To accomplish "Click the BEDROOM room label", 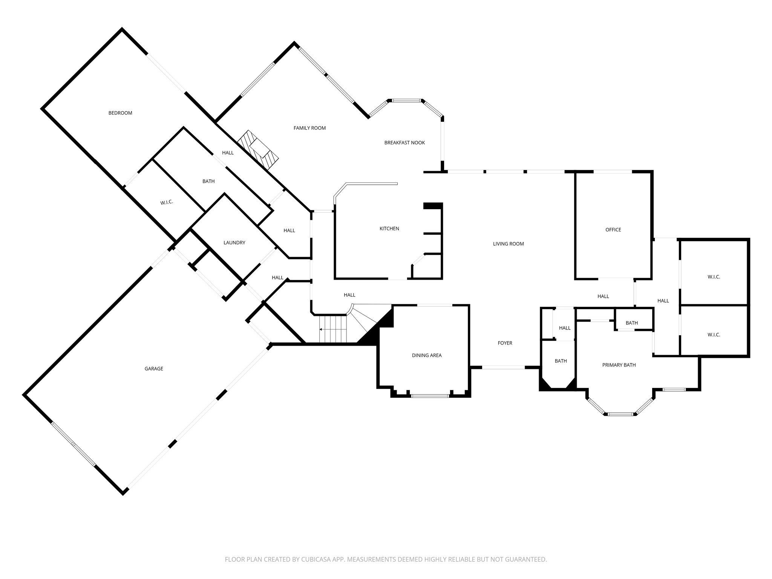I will click(x=120, y=113).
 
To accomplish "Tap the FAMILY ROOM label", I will click(x=309, y=128).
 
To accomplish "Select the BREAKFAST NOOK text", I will click(x=404, y=143).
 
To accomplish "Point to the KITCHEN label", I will click(x=389, y=229).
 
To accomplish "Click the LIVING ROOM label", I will click(x=508, y=244).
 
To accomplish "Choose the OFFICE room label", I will click(x=613, y=230).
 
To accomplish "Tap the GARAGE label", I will click(x=154, y=369).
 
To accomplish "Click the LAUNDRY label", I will click(x=234, y=243).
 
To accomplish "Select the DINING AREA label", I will click(x=426, y=355).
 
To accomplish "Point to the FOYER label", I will click(x=505, y=343).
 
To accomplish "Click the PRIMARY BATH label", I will click(x=619, y=365).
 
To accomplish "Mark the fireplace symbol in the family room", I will click(x=259, y=150).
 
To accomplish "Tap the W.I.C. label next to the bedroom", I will click(x=166, y=202).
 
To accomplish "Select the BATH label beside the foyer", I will click(x=561, y=361).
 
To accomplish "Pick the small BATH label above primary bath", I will click(x=631, y=323).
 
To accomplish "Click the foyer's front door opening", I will click(x=503, y=367).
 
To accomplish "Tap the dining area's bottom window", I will click(x=430, y=396).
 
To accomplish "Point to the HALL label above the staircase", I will click(x=349, y=295).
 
